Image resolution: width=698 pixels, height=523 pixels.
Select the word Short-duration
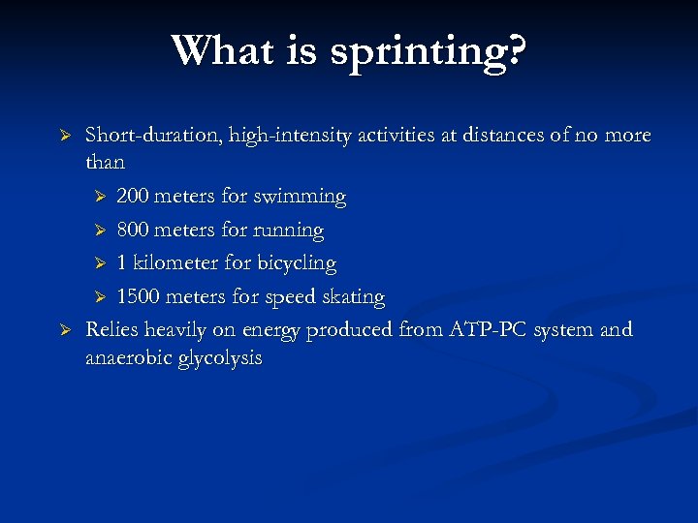point(155,136)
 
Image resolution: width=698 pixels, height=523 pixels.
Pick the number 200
point(133,197)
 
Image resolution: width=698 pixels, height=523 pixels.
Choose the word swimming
point(300,198)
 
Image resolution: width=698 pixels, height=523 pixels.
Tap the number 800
point(133,231)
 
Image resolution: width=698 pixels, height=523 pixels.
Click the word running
point(288,231)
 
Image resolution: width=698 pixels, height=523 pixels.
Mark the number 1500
point(139,297)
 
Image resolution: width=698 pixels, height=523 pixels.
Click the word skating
point(354,297)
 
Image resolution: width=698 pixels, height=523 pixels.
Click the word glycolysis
point(220,359)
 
